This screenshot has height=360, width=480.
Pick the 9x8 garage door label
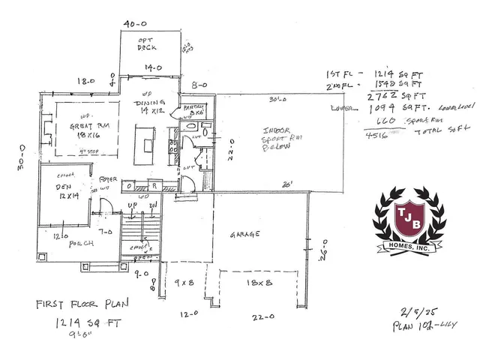pos(183,283)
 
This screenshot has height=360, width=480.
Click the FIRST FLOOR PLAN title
pos(82,306)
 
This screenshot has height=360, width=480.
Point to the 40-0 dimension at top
pos(134,23)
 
